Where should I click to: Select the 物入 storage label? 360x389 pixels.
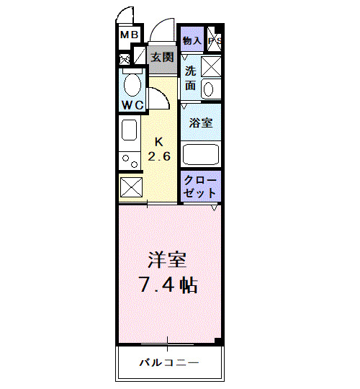pos(192,41)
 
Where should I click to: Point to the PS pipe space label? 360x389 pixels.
pos(215,41)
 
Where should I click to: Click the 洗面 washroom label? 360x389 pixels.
pos(190,78)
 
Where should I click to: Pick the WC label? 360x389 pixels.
pos(132,105)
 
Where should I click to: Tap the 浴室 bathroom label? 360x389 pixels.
pos(200,122)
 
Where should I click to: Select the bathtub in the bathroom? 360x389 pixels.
pos(201,154)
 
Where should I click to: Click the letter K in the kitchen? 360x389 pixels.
pos(158,142)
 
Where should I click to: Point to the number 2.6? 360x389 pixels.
pos(158,156)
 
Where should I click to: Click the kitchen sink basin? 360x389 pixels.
pos(129,130)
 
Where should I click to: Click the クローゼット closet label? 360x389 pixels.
pos(200,187)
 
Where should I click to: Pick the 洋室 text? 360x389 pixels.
pos(166,257)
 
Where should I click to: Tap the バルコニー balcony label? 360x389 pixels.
pos(168,362)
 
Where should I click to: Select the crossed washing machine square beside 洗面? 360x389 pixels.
pos(211,66)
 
